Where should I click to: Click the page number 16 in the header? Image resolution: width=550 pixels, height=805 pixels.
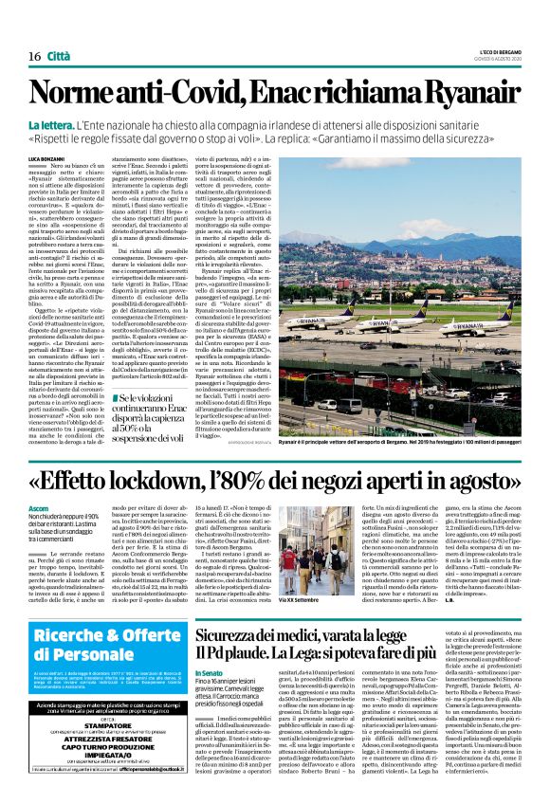coord(34,56)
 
